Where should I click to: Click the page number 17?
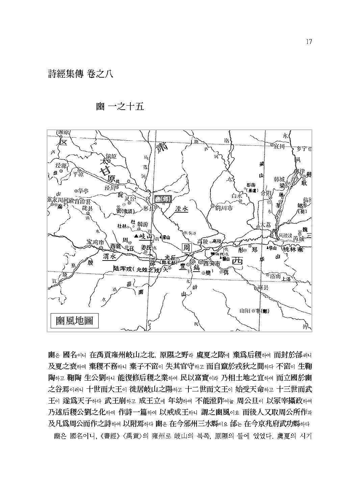pyautogui.click(x=308, y=42)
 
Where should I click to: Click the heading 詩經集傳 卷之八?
pyautogui.click(x=80, y=74)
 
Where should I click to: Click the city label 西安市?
pyautogui.click(x=212, y=262)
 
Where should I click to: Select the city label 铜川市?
pyautogui.click(x=224, y=208)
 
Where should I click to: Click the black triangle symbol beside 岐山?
pyautogui.click(x=136, y=236)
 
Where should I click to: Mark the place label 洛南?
pyautogui.click(x=276, y=276)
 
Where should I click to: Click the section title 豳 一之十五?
pyautogui.click(x=120, y=107)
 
